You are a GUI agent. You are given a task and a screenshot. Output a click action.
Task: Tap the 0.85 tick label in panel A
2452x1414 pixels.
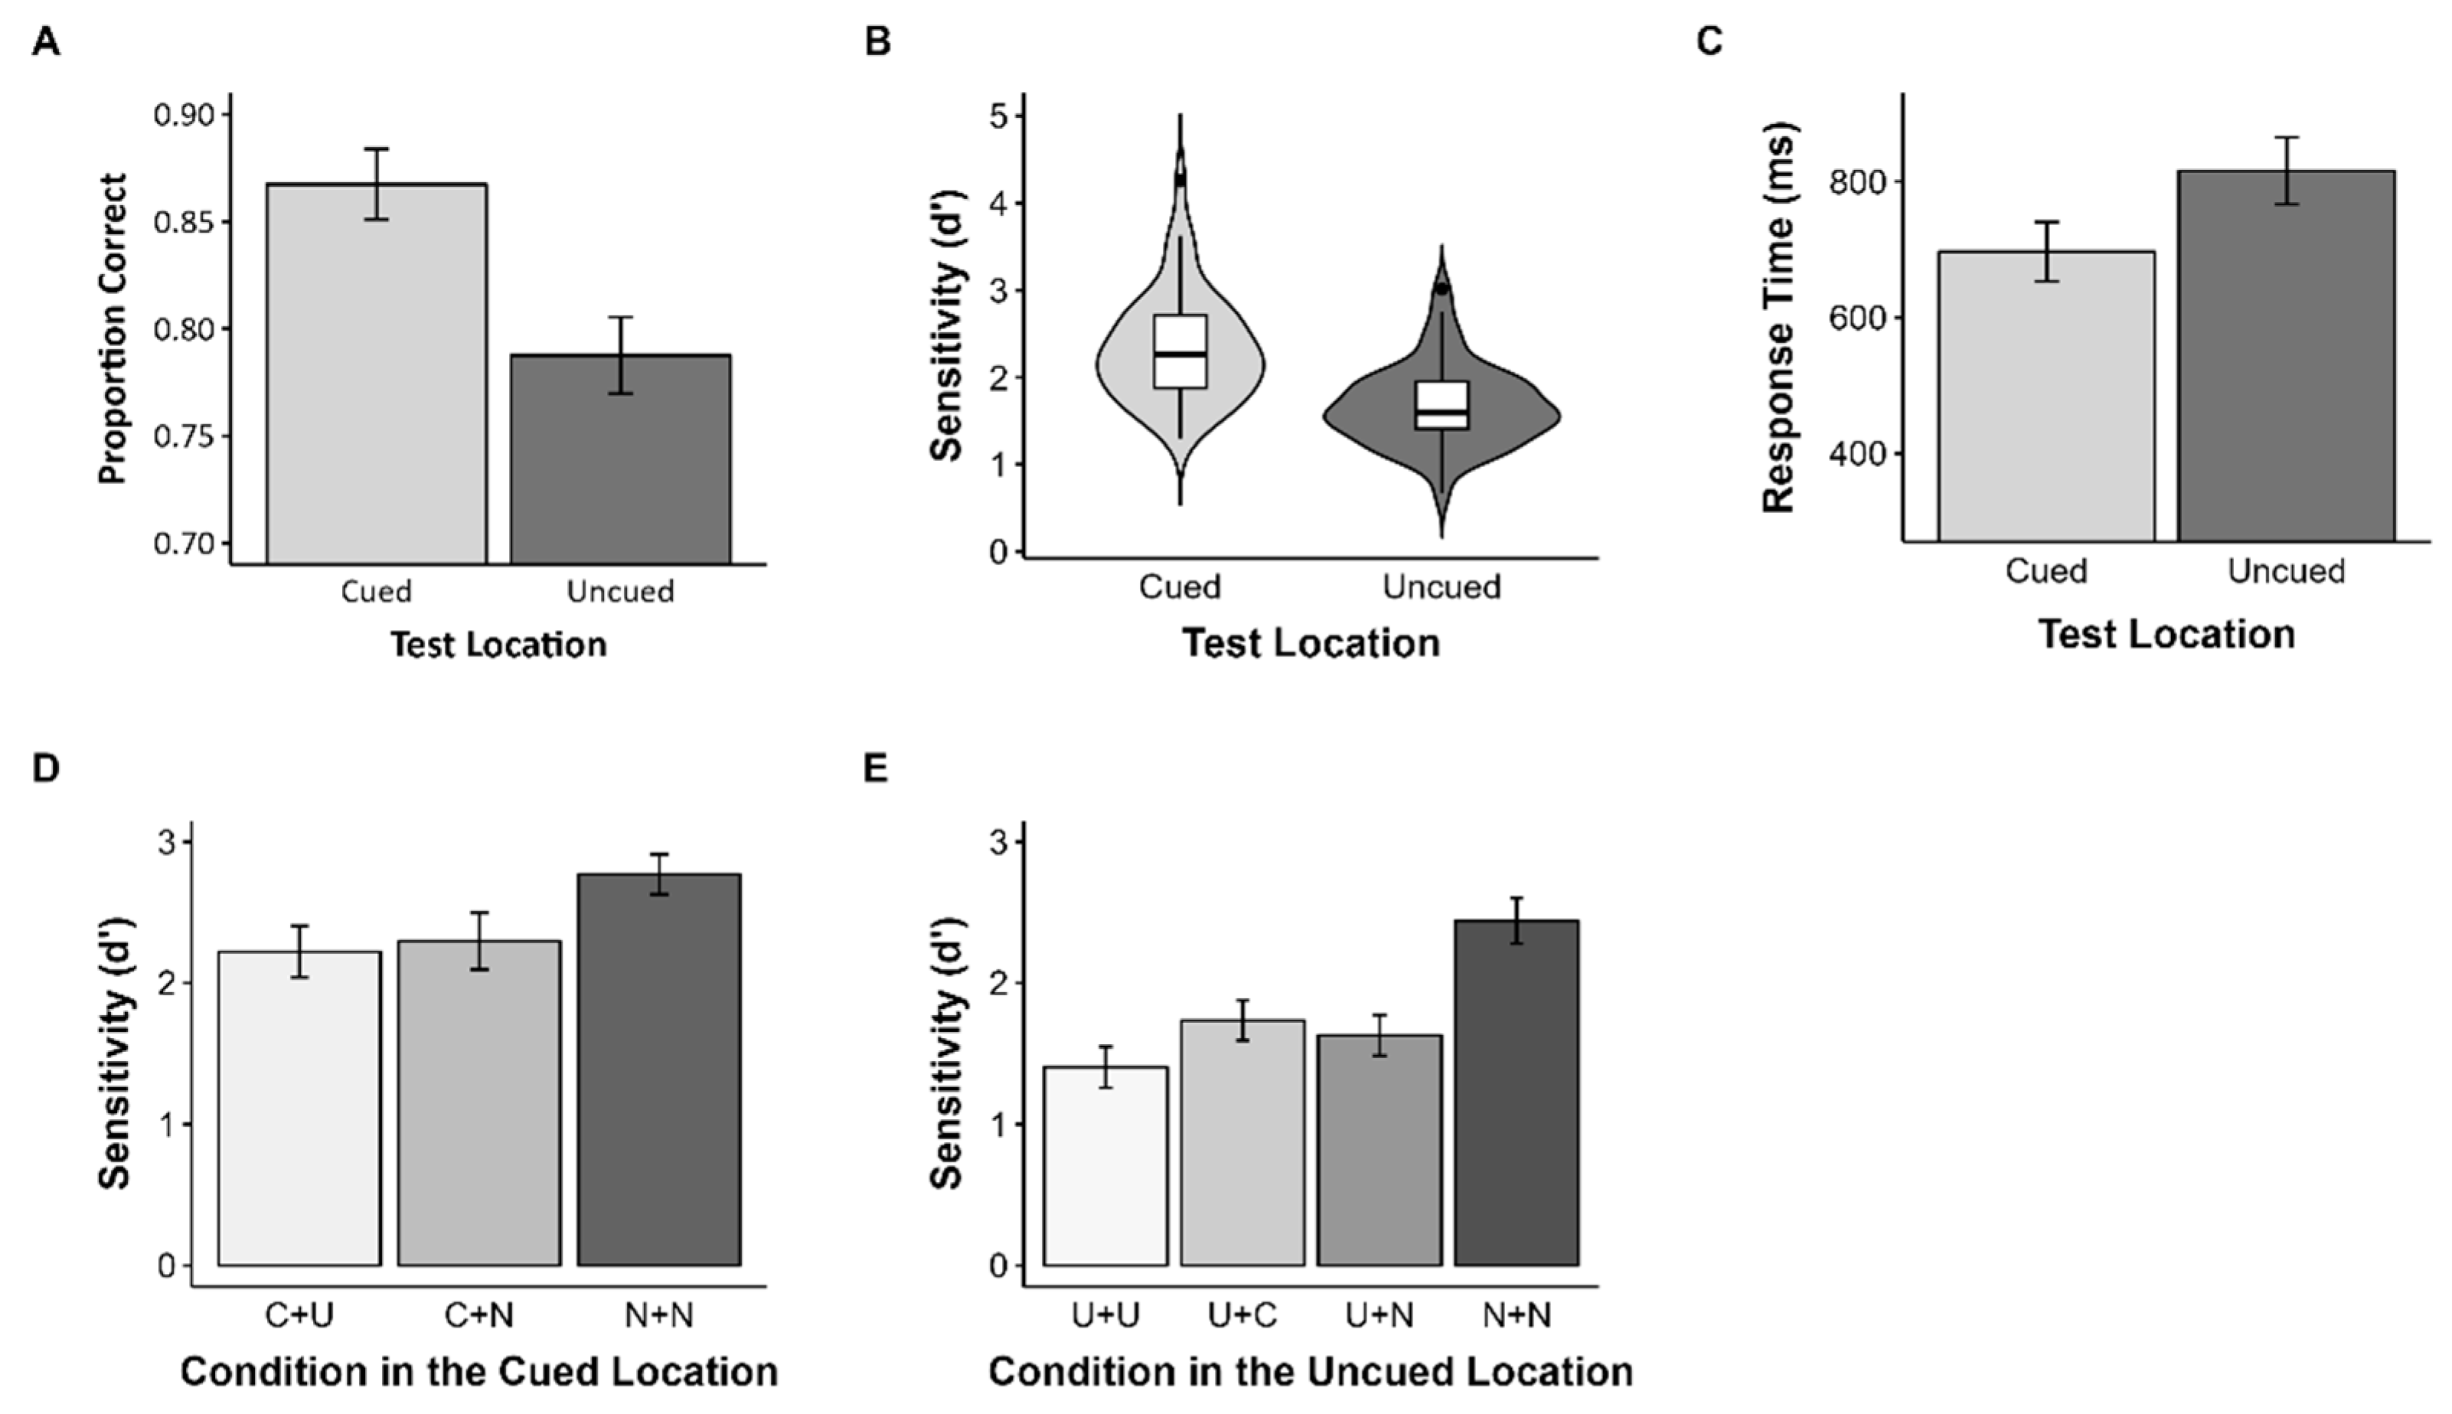coord(184,222)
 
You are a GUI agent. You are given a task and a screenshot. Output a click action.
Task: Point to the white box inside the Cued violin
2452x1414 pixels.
coord(1180,351)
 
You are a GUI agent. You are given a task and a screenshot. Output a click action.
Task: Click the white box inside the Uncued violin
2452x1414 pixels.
coord(1442,405)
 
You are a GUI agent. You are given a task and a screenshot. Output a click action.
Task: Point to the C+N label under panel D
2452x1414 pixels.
coord(478,1315)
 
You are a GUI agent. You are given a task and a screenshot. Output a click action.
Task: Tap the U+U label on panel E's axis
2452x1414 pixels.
coord(1105,1315)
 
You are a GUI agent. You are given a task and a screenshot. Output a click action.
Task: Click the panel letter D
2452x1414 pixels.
coord(46,768)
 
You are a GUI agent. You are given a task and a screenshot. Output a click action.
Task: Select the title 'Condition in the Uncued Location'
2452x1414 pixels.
coord(1310,1371)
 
